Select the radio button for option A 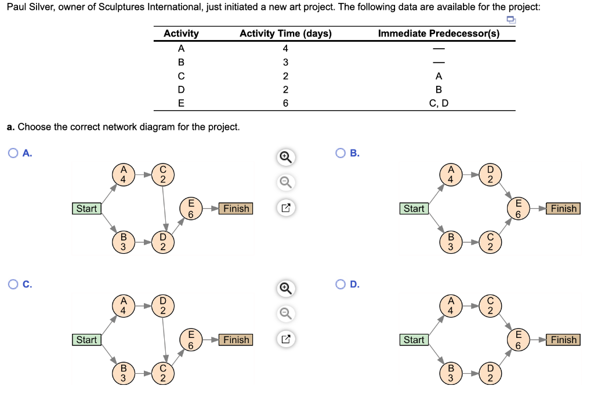coord(13,153)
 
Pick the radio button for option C coord(13,284)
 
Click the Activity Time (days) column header coord(285,34)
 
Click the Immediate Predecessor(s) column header coord(439,34)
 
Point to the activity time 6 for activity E coord(285,104)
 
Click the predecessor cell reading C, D coord(439,104)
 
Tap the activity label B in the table coord(181,62)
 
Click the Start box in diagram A coord(86,209)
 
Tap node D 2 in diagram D coord(490,373)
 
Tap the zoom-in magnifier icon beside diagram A coord(285,157)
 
